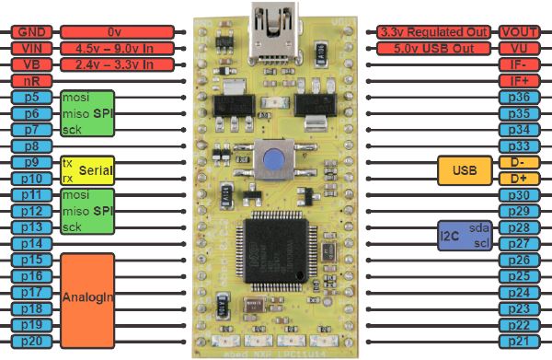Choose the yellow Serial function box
click(86, 170)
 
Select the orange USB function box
click(466, 170)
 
